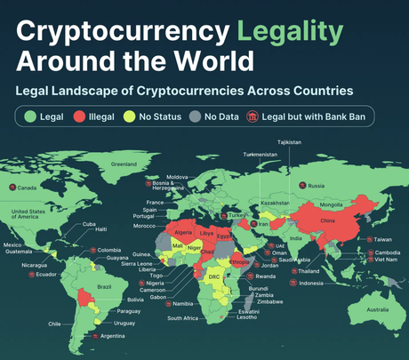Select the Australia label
(x=379, y=308)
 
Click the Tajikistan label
(x=289, y=142)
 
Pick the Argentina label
(x=113, y=336)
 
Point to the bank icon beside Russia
(x=301, y=185)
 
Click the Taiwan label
(x=381, y=239)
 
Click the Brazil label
(x=104, y=286)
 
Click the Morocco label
(x=145, y=225)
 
